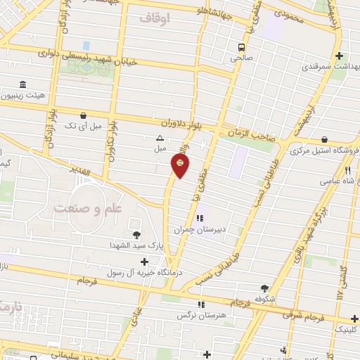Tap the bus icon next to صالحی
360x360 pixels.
point(241,46)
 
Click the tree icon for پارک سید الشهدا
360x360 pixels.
point(136,234)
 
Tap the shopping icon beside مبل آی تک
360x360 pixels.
point(84,115)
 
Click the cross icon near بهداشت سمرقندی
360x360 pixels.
point(339,56)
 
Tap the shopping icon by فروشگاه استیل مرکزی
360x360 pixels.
point(324,140)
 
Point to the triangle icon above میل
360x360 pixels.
point(160,139)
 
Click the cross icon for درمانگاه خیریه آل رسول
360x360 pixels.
point(144,262)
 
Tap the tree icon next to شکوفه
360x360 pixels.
point(264,288)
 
